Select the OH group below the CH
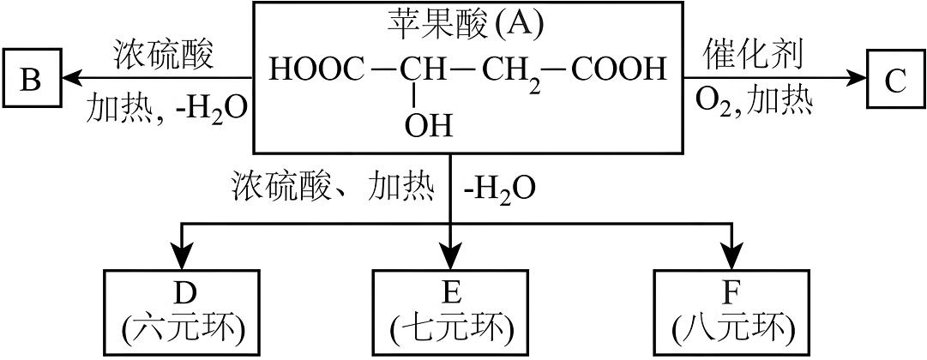click(426, 127)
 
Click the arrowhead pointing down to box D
click(182, 256)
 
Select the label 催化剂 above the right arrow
click(754, 54)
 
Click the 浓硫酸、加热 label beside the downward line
click(333, 185)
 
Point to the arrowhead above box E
click(451, 256)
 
